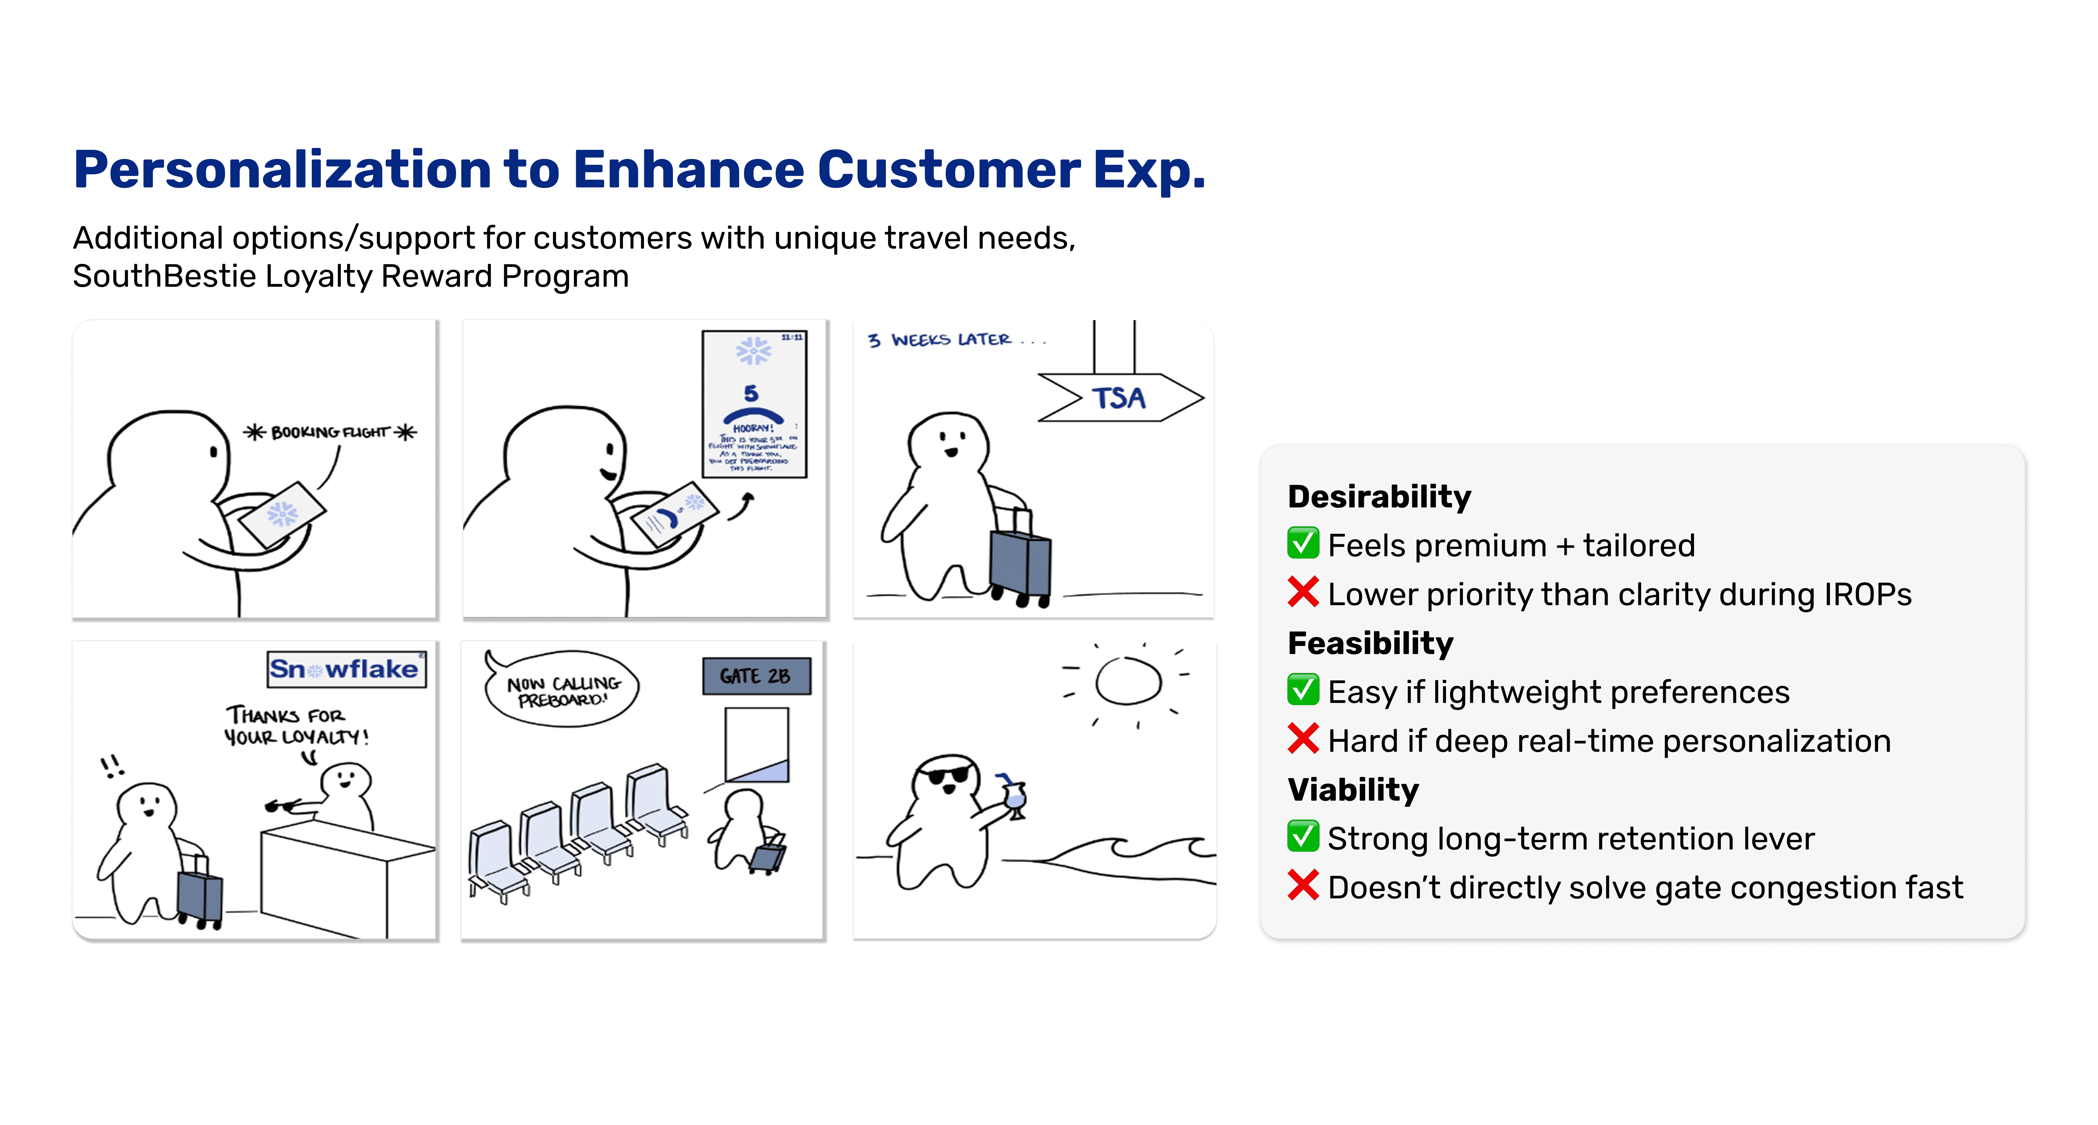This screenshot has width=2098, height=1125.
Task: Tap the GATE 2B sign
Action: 756,676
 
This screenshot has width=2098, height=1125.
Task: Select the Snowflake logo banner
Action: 345,669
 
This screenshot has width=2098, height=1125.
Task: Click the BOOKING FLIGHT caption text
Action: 330,432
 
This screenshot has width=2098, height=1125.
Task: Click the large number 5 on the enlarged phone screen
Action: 751,393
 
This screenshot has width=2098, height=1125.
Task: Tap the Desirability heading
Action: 1379,496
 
